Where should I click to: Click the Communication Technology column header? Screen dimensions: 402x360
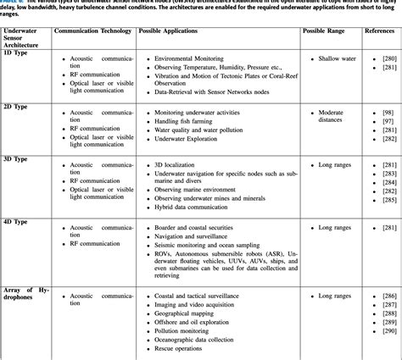(x=92, y=30)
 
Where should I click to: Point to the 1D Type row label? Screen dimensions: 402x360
(x=20, y=53)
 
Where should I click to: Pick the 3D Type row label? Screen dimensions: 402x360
(x=20, y=159)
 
